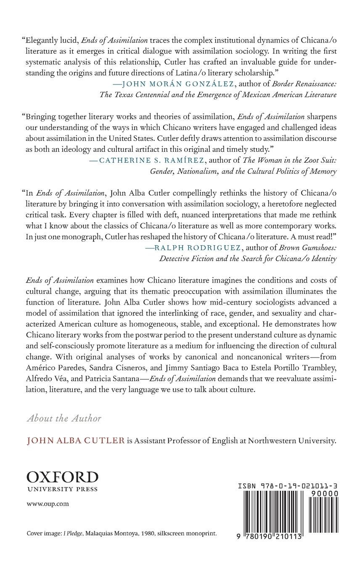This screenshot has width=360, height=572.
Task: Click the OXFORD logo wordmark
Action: tap(62, 477)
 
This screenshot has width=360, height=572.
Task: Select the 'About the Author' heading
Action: tap(64, 418)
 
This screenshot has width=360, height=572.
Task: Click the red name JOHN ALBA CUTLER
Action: tap(76, 441)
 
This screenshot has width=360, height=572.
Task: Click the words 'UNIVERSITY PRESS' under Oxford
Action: tap(62, 489)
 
